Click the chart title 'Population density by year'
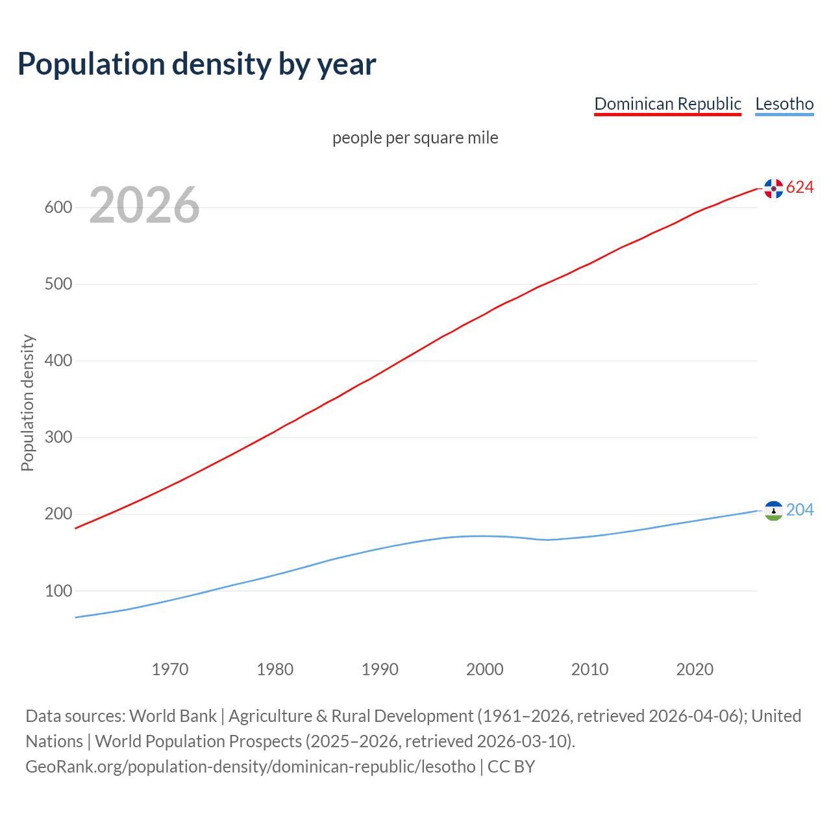point(197,64)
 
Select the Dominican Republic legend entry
point(667,104)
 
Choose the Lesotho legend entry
point(784,104)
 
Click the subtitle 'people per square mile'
point(415,138)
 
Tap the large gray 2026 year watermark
point(144,205)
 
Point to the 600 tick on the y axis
point(58,208)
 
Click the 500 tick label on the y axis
point(58,284)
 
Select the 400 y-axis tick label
point(58,361)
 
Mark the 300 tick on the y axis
point(58,438)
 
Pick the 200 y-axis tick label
point(58,514)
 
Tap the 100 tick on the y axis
point(58,591)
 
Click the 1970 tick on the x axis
point(170,669)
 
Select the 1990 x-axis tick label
point(380,669)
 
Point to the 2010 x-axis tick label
point(589,669)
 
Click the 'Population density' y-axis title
point(27,403)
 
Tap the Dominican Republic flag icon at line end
point(773,188)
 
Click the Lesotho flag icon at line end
point(773,511)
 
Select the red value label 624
point(800,187)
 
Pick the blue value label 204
point(800,510)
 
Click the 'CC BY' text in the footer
point(511,767)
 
